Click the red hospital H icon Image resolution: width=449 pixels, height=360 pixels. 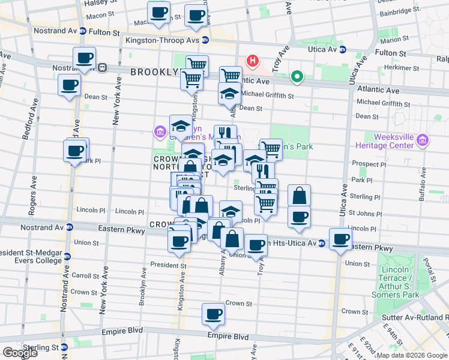tap(253, 61)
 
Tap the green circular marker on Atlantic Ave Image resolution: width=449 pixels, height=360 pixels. tap(296, 77)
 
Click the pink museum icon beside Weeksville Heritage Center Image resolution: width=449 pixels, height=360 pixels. tap(423, 140)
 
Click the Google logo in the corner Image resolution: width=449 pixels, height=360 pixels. tap(20, 353)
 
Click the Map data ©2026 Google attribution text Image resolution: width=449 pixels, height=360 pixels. tap(411, 355)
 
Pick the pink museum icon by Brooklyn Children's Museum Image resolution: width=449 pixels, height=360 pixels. tap(160, 131)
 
